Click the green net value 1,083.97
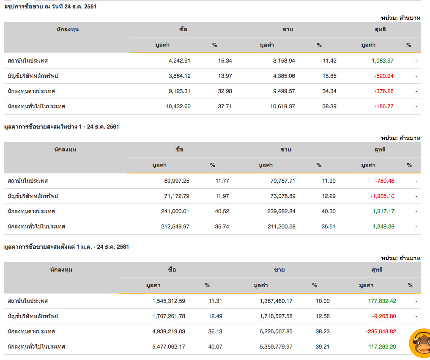[382, 60]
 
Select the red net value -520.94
[383, 76]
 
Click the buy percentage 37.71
[225, 106]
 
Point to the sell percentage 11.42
[329, 60]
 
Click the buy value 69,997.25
[177, 181]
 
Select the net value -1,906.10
[382, 196]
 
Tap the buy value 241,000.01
[175, 211]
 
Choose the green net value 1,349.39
[383, 226]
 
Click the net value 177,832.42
[382, 301]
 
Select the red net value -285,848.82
[381, 331]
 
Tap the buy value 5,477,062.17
[168, 346]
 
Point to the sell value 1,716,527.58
[276, 316]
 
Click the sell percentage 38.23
[323, 331]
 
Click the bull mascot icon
[420, 343]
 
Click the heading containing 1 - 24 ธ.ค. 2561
[61, 126]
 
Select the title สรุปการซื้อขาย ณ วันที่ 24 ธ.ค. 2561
[50, 6]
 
